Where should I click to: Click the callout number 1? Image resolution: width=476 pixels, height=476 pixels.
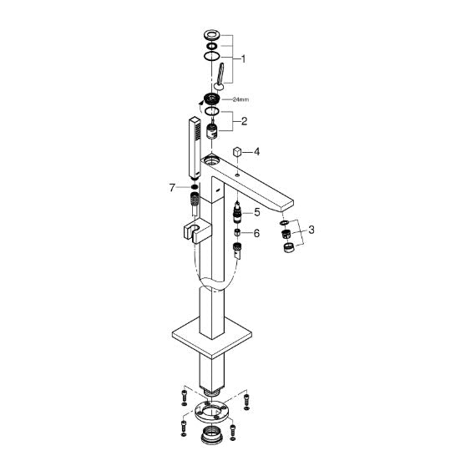[243, 59]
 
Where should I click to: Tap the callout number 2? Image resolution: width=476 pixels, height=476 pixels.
[244, 121]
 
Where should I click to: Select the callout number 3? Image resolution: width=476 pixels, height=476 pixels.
[311, 230]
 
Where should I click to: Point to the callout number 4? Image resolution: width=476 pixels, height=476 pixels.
[257, 151]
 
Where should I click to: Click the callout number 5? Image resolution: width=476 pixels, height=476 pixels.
[257, 212]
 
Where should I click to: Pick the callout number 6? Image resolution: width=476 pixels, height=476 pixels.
[257, 233]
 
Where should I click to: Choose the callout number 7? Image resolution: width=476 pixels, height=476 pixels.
[172, 188]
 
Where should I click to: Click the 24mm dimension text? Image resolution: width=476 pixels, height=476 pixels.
[241, 99]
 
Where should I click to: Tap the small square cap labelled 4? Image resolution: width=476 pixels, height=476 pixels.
[237, 152]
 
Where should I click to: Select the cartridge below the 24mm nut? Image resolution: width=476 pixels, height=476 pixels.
[212, 130]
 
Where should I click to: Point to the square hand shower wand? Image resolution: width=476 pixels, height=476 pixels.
[195, 147]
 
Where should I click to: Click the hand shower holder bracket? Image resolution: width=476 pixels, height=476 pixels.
[198, 230]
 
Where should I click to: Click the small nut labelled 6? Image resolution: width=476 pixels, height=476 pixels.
[237, 233]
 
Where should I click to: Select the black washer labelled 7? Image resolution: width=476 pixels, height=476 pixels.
[195, 186]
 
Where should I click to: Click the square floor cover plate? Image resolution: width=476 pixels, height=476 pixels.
[212, 337]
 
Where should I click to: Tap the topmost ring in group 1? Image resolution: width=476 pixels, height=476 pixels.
[211, 34]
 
